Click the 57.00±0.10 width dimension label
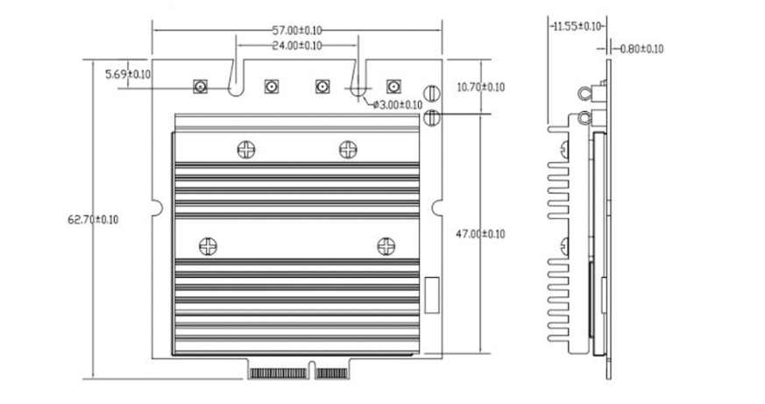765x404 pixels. click(x=297, y=31)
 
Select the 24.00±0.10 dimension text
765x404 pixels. click(x=297, y=44)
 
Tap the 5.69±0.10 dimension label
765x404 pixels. click(x=127, y=74)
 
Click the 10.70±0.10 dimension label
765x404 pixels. click(x=481, y=87)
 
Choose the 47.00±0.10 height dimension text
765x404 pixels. click(x=481, y=234)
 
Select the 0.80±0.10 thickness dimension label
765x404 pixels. click(x=642, y=48)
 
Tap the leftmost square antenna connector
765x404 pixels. click(x=200, y=87)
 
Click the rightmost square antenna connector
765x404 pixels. click(x=393, y=87)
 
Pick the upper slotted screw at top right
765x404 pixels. click(x=431, y=94)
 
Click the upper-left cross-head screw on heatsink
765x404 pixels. click(x=246, y=150)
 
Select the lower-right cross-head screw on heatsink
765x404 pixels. click(x=385, y=246)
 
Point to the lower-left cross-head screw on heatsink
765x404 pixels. click(x=208, y=246)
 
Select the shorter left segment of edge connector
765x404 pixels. click(x=280, y=372)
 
